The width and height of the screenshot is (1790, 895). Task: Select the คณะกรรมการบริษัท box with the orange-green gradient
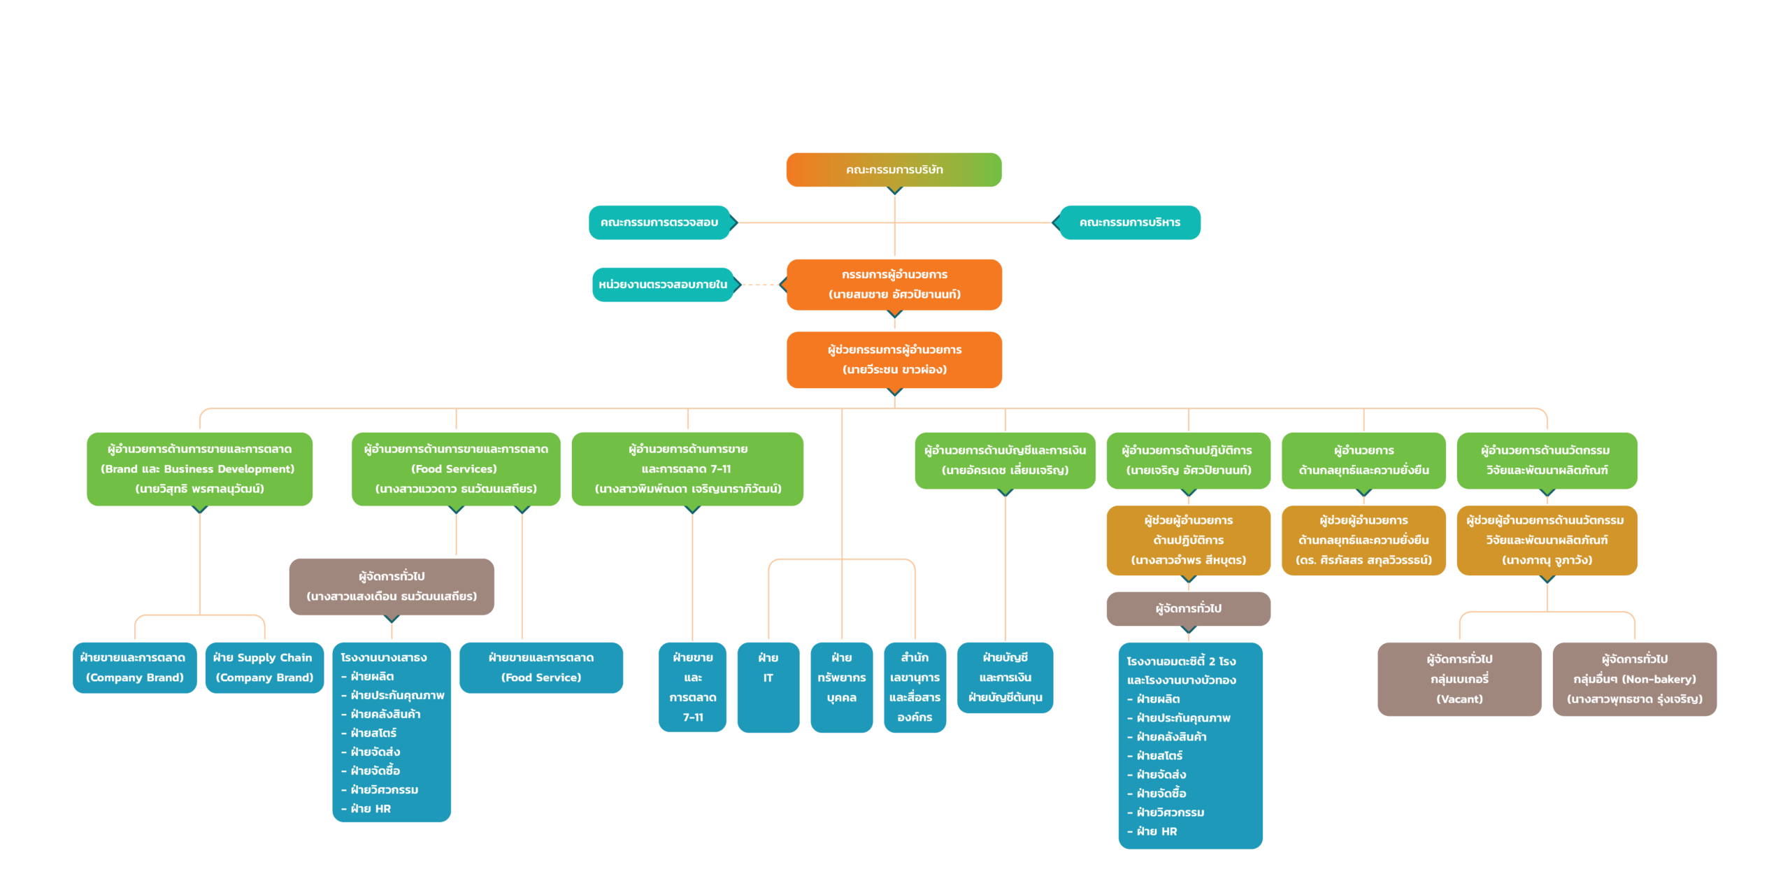click(894, 170)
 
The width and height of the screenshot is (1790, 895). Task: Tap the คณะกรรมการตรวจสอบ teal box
click(659, 222)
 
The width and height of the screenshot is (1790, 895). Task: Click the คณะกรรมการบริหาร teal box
click(1130, 222)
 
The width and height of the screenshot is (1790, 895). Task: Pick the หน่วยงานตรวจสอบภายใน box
click(663, 285)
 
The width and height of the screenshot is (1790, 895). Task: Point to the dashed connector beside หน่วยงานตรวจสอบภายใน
click(760, 285)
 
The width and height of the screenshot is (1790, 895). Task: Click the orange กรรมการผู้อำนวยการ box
click(894, 285)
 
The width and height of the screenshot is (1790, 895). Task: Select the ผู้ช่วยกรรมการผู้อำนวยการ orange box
click(894, 359)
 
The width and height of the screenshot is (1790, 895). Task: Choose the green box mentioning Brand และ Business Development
click(199, 468)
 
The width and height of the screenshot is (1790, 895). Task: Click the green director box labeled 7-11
click(687, 468)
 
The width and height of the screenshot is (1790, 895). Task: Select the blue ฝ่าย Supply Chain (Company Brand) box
click(264, 668)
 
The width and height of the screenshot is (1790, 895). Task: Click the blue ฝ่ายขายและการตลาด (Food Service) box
click(540, 668)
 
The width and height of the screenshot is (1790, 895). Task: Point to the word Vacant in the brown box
click(1459, 699)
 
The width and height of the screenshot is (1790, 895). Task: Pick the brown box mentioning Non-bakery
click(1634, 679)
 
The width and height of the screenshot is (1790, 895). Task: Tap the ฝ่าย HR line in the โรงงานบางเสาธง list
click(371, 809)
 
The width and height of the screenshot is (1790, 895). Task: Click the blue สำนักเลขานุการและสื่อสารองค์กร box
click(915, 687)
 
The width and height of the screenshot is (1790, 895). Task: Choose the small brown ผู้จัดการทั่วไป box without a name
click(1188, 608)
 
